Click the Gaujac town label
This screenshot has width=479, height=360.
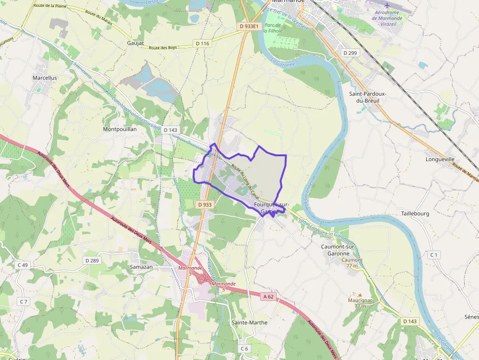pyautogui.click(x=135, y=43)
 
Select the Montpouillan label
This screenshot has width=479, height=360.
pyautogui.click(x=120, y=129)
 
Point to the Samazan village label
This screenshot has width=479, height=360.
pyautogui.click(x=142, y=268)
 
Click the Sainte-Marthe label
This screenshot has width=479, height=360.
pyautogui.click(x=249, y=322)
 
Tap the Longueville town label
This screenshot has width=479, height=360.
pyautogui.click(x=440, y=159)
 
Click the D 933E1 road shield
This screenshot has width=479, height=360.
pyautogui.click(x=249, y=26)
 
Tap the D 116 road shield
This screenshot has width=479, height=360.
pyautogui.click(x=202, y=43)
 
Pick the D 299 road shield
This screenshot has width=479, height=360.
pyautogui.click(x=350, y=53)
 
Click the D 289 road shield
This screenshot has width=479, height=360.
pyautogui.click(x=92, y=260)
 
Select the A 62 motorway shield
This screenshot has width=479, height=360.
pyautogui.click(x=267, y=296)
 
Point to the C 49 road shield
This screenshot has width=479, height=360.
pyautogui.click(x=22, y=265)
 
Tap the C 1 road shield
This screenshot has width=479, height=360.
pyautogui.click(x=434, y=254)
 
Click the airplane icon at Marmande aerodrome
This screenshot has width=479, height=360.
pyautogui.click(x=387, y=5)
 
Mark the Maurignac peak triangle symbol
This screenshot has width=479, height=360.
pyautogui.click(x=360, y=295)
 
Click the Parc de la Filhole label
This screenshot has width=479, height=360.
pyautogui.click(x=273, y=27)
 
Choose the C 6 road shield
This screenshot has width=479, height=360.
pyautogui.click(x=244, y=348)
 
